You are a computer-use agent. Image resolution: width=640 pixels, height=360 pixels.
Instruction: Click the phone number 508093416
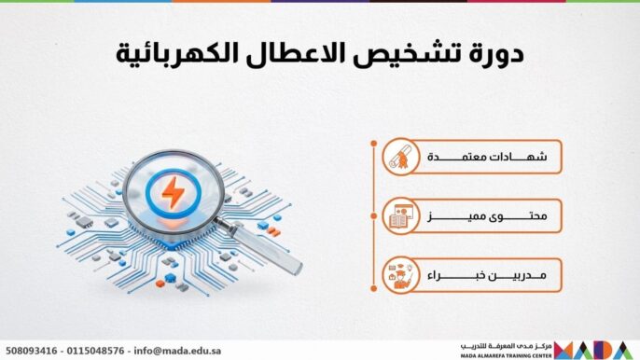pos(33,351)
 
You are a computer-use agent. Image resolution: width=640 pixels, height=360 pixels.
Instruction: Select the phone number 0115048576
pos(98,351)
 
